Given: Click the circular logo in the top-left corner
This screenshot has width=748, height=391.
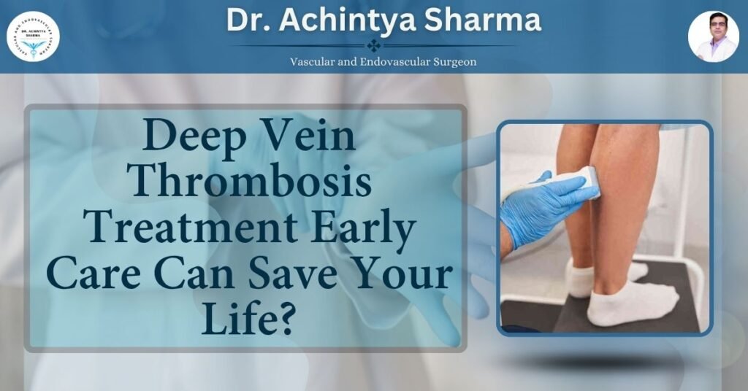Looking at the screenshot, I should pyautogui.click(x=34, y=36).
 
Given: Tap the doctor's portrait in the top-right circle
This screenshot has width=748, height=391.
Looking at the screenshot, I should pyautogui.click(x=713, y=36).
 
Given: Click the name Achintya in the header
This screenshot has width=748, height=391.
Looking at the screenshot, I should pyautogui.click(x=355, y=20).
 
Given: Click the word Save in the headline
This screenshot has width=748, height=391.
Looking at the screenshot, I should pyautogui.click(x=301, y=276).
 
